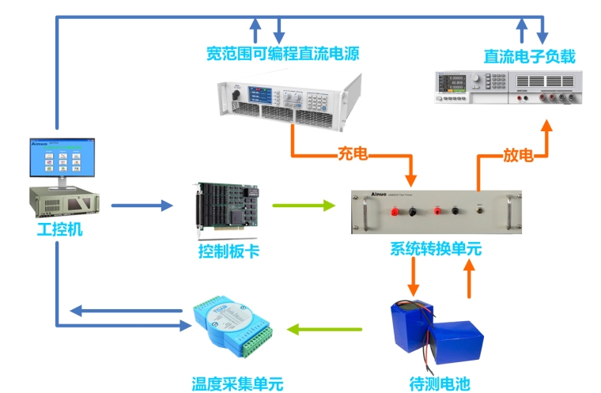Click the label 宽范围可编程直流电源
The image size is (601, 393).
pos(282,55)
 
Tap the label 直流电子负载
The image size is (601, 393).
pos(529,56)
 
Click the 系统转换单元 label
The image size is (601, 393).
pos(436,249)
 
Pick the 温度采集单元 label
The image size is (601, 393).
pos(237,384)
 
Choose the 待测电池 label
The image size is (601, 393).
pos(440,384)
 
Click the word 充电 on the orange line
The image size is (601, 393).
pos(353,154)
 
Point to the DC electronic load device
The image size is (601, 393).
pos(510,86)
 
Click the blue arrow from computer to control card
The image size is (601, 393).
pos(142,206)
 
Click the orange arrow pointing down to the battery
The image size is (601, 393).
pos(413,276)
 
